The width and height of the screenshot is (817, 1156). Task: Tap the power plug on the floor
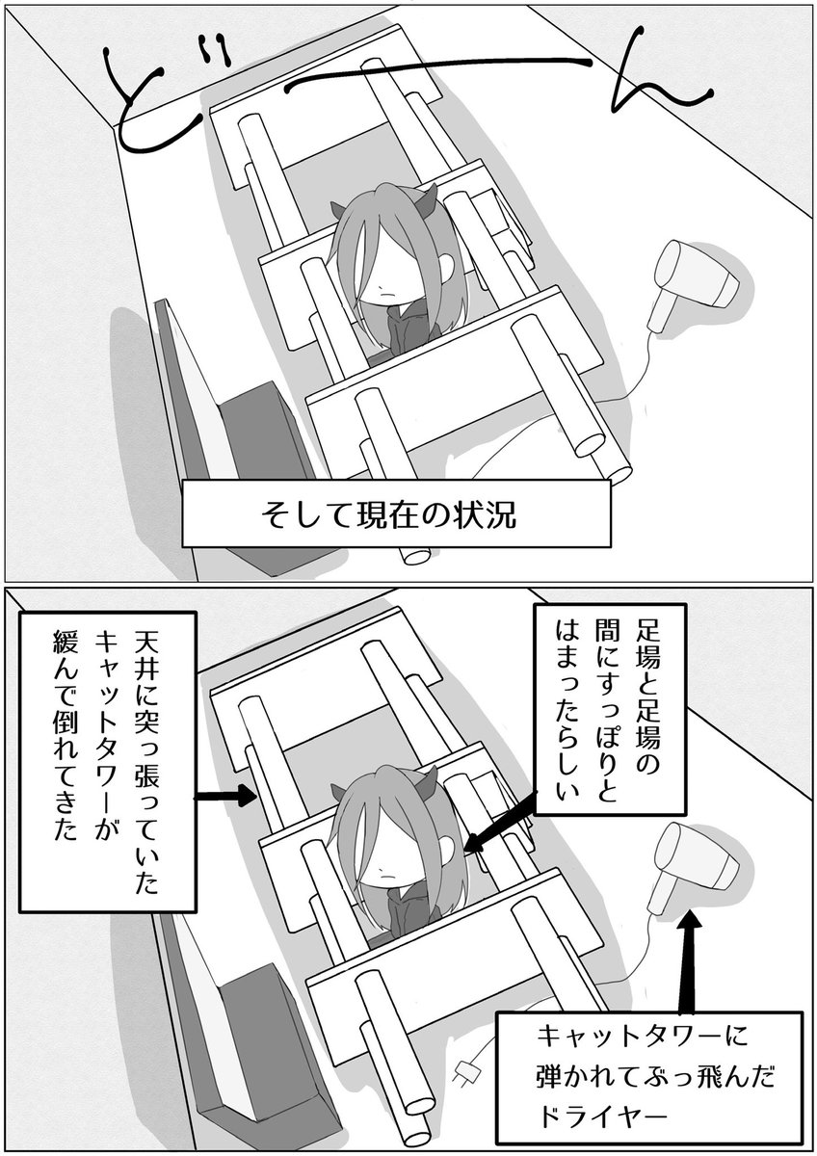coord(468,1070)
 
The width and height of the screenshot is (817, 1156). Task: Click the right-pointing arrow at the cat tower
coord(224,796)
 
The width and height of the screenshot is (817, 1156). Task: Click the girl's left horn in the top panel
coord(338,209)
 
